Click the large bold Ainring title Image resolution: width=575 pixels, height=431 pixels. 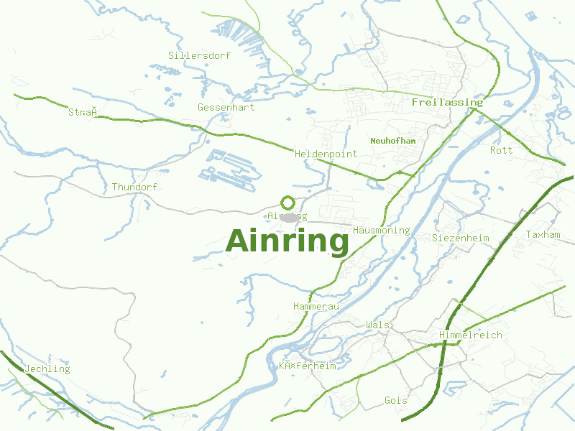point(287,241)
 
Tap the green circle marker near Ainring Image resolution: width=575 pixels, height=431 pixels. point(287,203)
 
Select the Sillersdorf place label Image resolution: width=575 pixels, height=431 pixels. point(199,55)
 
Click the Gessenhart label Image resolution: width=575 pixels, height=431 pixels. point(226,107)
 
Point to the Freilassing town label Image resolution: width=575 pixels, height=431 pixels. point(447,103)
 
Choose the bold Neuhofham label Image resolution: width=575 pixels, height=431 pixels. point(393,141)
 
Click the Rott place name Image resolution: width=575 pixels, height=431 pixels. point(501,150)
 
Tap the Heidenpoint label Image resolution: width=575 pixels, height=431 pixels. point(326,154)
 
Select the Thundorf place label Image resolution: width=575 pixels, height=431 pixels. point(134,187)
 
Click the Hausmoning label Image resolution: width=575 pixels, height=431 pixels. point(381,231)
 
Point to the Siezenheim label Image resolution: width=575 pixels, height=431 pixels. point(460,238)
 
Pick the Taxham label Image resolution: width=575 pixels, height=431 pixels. point(543,235)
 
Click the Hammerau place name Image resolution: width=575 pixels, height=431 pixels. point(316,307)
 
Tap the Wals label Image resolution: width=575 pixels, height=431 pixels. point(377,325)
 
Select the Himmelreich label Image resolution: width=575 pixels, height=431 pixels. point(470,335)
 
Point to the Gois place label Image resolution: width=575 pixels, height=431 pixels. point(395,400)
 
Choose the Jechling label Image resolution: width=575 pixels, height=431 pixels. point(47,369)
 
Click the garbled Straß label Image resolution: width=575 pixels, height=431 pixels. point(83,112)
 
